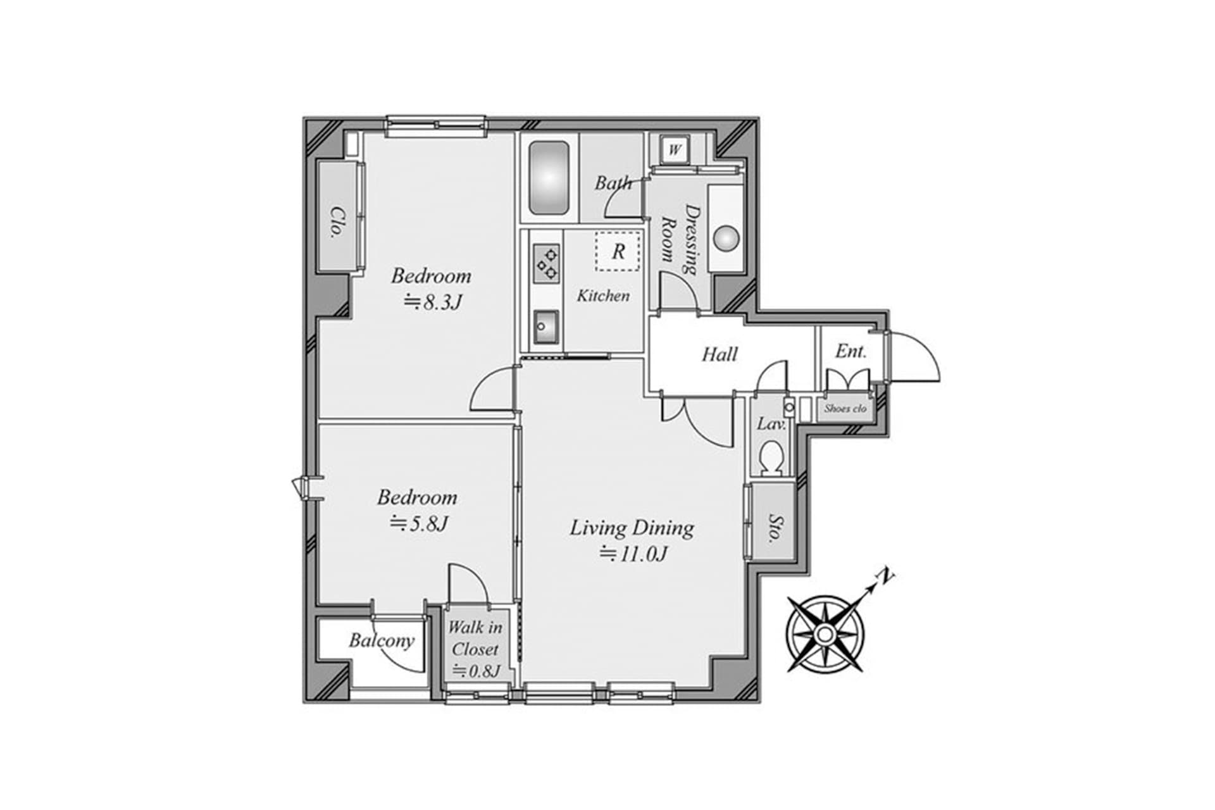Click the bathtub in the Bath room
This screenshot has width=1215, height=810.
(x=549, y=178)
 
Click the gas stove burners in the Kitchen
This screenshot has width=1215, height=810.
(x=547, y=264)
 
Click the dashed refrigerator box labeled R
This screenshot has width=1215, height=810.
(x=618, y=251)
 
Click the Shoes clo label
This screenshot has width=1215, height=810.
(x=845, y=409)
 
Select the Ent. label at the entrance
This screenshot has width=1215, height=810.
(x=850, y=351)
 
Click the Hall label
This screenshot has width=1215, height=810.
(x=720, y=354)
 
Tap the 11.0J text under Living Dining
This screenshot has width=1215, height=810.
(x=633, y=554)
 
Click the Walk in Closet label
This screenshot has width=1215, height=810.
(x=475, y=639)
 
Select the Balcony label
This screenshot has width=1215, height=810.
(x=382, y=640)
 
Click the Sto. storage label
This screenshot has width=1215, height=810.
(x=774, y=528)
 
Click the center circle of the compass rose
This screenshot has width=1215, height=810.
(x=825, y=633)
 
